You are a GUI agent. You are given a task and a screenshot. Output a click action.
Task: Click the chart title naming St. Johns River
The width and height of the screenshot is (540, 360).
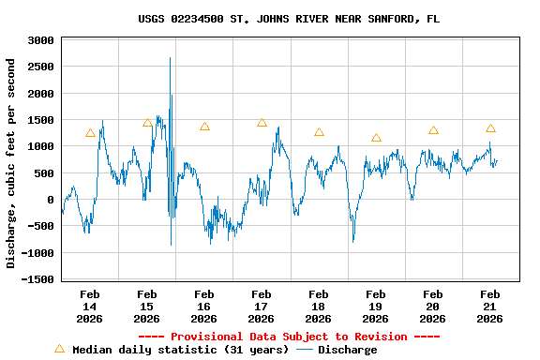point(289,19)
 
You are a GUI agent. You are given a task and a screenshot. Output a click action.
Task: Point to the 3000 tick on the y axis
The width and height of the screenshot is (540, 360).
point(39,41)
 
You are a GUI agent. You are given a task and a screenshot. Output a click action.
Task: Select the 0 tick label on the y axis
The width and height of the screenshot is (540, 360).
point(52,200)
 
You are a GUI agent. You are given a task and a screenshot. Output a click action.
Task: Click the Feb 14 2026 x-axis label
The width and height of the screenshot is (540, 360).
point(89,306)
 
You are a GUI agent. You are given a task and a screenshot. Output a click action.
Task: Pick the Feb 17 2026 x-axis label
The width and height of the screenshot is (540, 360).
point(262,306)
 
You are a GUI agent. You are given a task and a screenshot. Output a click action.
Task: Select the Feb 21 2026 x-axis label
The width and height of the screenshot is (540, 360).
point(490,306)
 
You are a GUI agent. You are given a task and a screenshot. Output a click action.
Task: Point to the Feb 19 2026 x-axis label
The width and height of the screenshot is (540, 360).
point(376,306)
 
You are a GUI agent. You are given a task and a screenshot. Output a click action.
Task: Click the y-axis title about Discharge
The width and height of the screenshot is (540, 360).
point(11,163)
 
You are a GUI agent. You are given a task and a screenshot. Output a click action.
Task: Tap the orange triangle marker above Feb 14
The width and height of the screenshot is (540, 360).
point(90,133)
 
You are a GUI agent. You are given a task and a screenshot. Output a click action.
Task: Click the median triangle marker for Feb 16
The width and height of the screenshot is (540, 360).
point(204,127)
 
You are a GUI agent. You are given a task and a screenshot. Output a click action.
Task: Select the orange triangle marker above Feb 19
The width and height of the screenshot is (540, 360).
point(376,138)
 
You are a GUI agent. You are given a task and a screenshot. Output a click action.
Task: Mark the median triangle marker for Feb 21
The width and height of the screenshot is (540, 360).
point(490,128)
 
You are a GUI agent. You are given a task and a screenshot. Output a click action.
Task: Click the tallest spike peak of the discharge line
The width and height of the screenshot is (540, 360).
point(170,58)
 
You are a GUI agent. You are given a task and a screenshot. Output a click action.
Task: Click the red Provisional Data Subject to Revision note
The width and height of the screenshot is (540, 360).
point(289,337)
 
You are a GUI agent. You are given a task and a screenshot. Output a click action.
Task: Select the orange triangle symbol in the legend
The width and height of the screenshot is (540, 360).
point(59,349)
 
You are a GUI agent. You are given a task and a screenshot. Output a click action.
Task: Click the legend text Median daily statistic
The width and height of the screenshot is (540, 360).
point(178,350)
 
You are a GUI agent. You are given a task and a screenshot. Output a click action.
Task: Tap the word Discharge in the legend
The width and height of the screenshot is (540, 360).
point(347,350)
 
